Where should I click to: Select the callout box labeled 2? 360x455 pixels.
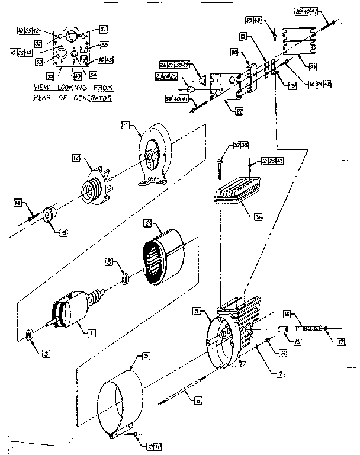click(147, 223)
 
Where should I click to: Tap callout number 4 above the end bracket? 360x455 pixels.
click(125, 125)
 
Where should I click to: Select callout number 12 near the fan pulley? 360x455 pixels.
click(75, 158)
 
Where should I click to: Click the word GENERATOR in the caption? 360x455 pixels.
click(92, 98)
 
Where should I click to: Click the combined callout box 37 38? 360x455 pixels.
click(240, 146)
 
